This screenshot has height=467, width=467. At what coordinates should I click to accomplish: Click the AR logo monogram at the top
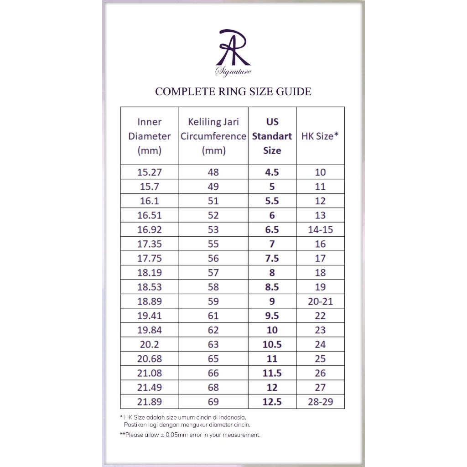click(x=233, y=48)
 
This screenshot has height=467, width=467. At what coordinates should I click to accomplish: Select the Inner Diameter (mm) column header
click(x=150, y=136)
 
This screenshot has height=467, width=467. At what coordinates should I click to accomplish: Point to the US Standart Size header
click(x=272, y=136)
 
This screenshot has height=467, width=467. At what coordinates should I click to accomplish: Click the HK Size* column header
click(x=320, y=136)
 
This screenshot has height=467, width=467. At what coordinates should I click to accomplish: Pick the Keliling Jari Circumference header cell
click(x=213, y=136)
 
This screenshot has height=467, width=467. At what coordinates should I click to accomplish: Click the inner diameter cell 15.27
click(x=150, y=172)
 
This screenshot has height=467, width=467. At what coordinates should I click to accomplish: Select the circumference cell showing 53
click(x=213, y=230)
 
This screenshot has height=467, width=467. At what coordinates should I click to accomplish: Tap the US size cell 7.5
click(x=272, y=259)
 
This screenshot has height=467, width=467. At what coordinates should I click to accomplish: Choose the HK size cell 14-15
click(x=320, y=230)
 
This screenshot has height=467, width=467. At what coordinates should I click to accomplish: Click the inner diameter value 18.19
click(x=150, y=273)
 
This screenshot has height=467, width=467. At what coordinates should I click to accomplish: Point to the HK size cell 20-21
click(x=320, y=301)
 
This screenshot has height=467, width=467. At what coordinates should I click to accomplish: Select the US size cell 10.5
click(x=272, y=344)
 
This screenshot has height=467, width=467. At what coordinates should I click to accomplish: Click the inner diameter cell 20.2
click(x=150, y=344)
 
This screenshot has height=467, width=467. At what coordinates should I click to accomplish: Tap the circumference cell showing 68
click(x=213, y=388)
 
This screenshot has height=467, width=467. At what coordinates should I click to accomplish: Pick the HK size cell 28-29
click(x=320, y=402)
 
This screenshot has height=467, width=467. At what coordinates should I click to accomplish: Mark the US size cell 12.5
click(x=272, y=402)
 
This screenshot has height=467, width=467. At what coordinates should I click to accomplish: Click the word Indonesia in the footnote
click(x=231, y=417)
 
